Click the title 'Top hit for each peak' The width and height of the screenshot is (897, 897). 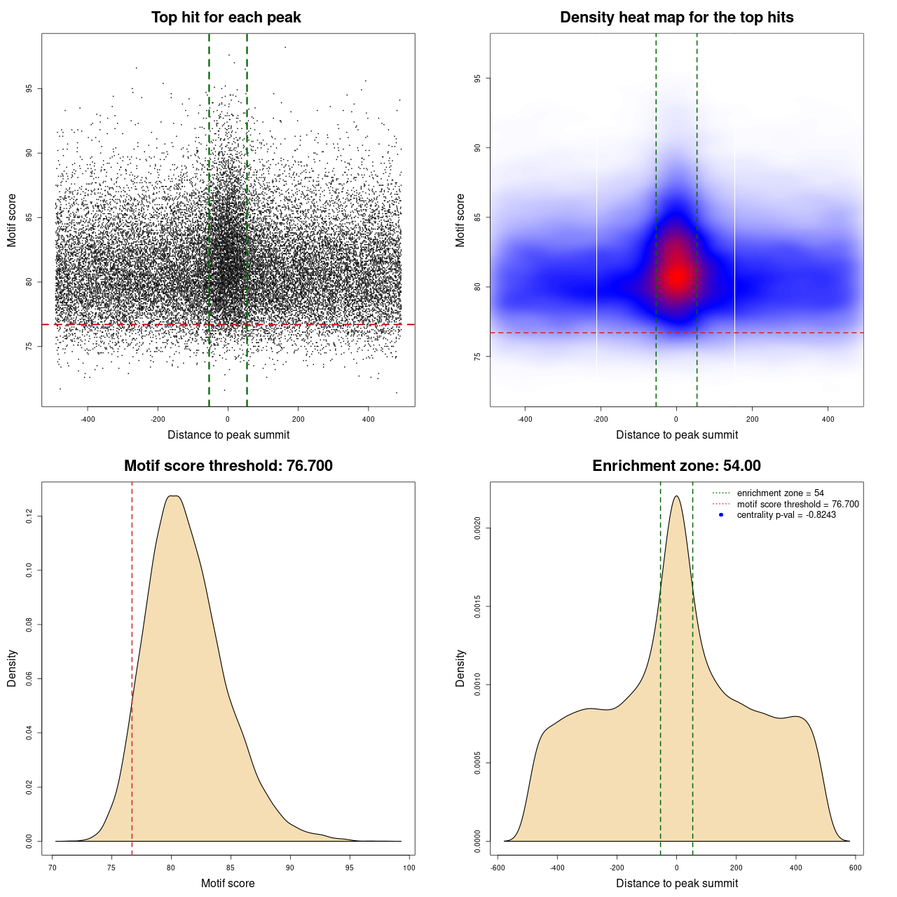pos(226,18)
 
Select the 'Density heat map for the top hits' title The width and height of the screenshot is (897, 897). pos(676,18)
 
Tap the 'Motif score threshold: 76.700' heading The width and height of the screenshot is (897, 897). pos(228,466)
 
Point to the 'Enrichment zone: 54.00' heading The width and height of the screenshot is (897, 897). pos(676,466)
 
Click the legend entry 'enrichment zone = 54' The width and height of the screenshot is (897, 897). pos(780,493)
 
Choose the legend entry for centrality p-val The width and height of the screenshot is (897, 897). pos(786,515)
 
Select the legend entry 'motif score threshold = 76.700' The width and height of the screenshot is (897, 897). pos(797,505)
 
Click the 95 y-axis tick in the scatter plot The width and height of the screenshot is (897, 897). pos(29,89)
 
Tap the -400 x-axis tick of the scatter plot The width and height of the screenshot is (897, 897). pos(88,420)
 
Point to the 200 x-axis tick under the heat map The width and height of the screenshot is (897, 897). pos(752,420)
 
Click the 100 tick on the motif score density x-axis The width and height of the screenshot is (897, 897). pos(409,868)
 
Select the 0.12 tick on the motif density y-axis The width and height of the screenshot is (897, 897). pos(29,516)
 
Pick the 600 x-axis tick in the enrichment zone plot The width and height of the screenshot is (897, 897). pos(856,868)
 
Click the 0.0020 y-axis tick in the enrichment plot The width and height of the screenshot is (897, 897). pos(477,528)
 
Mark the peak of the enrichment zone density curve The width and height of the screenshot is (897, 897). pos(676,496)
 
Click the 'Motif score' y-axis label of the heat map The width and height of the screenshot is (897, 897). pos(460,220)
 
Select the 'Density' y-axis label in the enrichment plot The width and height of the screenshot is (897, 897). pos(460,668)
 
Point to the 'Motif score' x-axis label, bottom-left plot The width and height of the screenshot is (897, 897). pos(228,883)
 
